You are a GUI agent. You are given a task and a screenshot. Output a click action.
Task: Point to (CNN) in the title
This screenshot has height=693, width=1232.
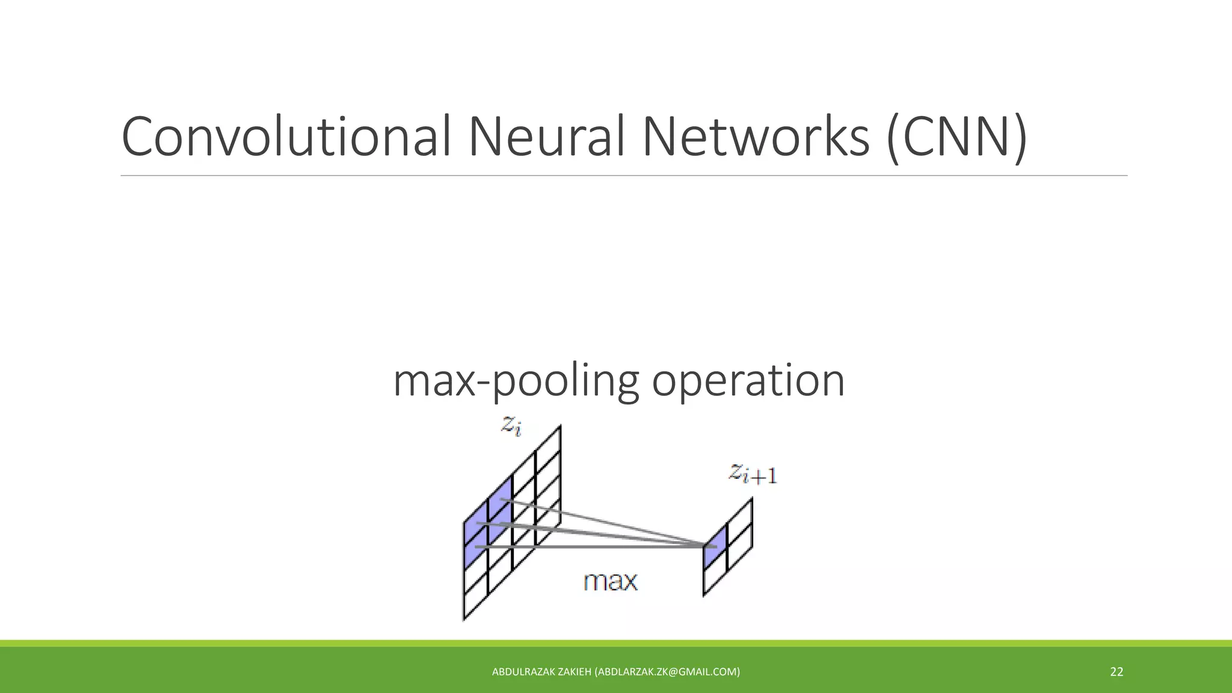click(x=956, y=137)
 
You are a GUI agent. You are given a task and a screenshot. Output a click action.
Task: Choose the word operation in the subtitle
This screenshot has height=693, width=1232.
click(x=748, y=381)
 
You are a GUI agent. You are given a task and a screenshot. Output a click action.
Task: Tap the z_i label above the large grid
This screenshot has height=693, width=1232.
click(x=511, y=426)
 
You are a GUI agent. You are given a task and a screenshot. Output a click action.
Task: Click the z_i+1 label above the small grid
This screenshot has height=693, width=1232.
click(x=753, y=474)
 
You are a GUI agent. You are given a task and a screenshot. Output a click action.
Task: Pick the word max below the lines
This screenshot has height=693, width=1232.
click(x=610, y=582)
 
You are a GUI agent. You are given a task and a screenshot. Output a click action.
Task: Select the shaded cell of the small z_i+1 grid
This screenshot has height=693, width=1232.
click(x=715, y=547)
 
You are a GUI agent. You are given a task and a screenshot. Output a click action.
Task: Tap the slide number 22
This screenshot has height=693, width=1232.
click(x=1116, y=672)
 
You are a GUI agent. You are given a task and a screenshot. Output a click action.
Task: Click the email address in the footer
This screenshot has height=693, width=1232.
click(x=667, y=672)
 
